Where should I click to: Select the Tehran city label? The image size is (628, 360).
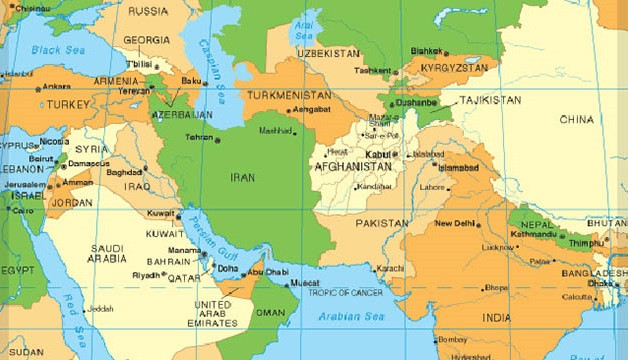click(x=201, y=137)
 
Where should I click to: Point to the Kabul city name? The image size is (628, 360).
click(x=377, y=155)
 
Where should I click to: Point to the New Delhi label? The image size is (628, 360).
click(x=454, y=223)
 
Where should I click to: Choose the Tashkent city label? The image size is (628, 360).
click(x=373, y=71)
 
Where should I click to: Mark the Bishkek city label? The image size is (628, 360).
click(x=426, y=50)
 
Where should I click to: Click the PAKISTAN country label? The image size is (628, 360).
click(x=382, y=223)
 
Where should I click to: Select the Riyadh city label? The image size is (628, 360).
click(x=145, y=274)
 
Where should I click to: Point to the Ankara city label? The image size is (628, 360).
click(x=57, y=86)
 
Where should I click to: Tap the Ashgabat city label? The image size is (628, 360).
click(x=310, y=109)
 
